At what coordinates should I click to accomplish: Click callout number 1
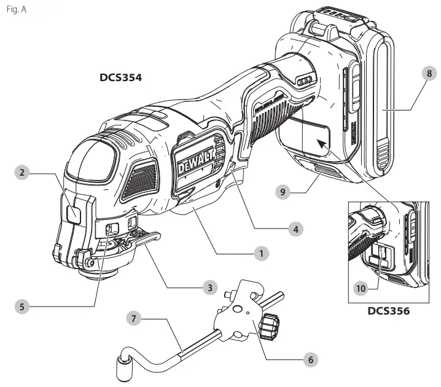[x=262, y=253]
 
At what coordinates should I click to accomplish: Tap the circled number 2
[x=22, y=173]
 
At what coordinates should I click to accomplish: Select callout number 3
[x=209, y=287]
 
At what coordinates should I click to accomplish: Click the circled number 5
[x=23, y=305]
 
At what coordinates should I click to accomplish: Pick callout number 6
[x=311, y=359]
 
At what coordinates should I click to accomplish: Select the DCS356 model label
[x=388, y=311]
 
